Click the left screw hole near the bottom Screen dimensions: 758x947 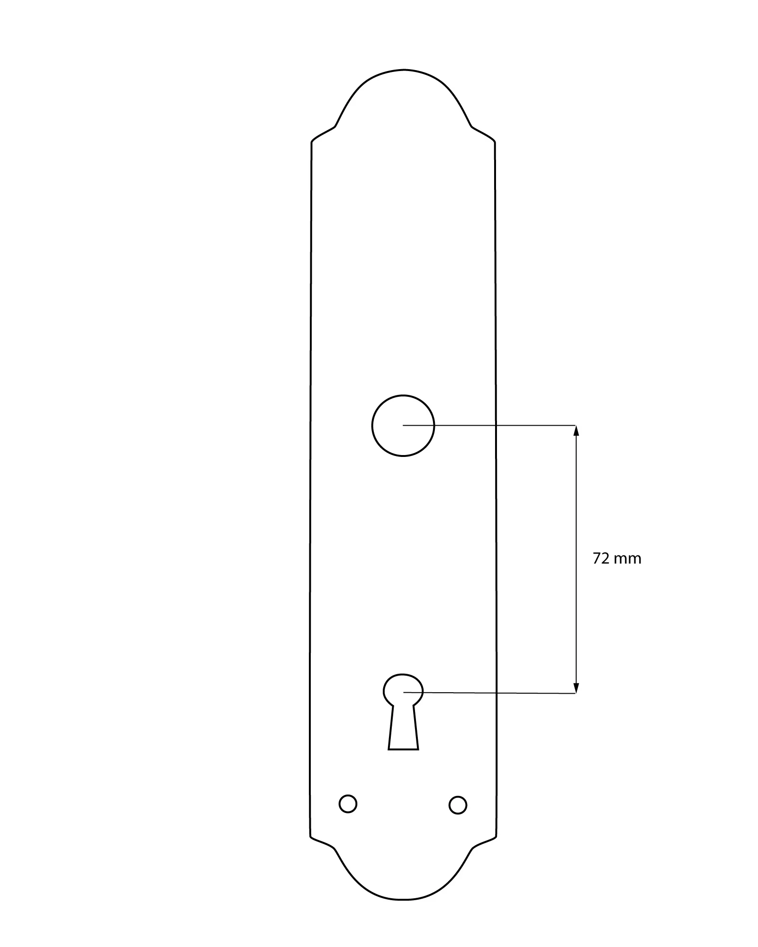pos(348,804)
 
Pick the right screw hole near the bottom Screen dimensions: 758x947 pos(458,805)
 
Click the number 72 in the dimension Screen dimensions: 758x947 pos(601,559)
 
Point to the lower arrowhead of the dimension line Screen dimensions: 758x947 pos(576,688)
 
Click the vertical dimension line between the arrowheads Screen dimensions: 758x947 pos(576,559)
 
